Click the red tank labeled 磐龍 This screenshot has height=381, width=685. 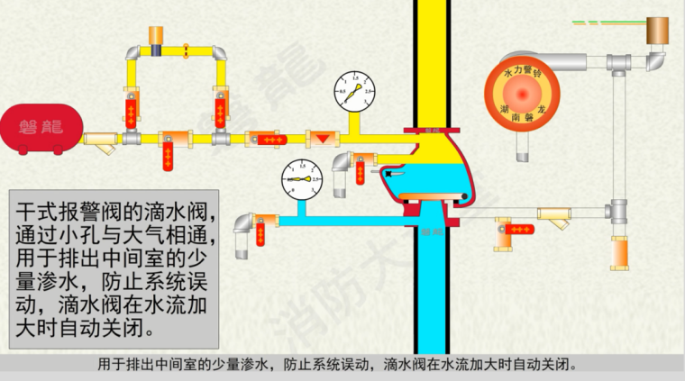click(37, 126)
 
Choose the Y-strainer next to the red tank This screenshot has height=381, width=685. click(102, 141)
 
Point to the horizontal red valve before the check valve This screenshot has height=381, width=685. click(267, 140)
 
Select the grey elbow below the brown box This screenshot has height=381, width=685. click(653, 62)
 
